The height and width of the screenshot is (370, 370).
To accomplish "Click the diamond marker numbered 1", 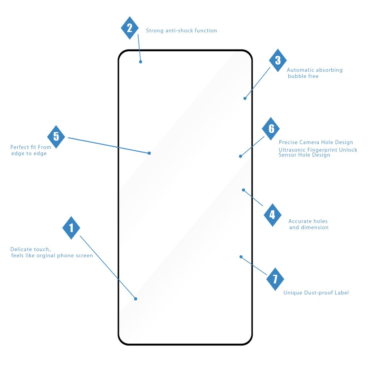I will [x=71, y=228].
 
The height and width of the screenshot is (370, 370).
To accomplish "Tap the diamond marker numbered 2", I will [x=130, y=28].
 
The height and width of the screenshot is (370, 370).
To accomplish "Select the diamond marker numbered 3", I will [x=278, y=60].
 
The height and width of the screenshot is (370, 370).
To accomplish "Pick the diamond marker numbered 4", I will [x=272, y=215].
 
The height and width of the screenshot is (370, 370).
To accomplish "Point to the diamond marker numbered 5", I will [x=56, y=137].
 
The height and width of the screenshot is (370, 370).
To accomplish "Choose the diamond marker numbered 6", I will [x=271, y=129].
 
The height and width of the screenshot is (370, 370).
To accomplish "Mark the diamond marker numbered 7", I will [x=275, y=279].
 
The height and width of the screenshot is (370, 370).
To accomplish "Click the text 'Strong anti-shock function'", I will [x=181, y=31].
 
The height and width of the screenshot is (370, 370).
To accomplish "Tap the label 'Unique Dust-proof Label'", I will [x=316, y=293].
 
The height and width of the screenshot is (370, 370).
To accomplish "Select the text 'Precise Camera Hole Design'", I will [x=316, y=142].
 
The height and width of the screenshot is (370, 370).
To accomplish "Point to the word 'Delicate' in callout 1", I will [x=21, y=249].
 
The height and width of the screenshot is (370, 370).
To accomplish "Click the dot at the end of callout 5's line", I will [x=149, y=153].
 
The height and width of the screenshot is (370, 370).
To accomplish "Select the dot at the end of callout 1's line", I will [x=135, y=299].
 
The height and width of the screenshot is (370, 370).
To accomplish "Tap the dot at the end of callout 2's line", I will [x=141, y=62].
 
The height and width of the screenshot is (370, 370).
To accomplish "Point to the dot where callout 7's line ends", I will [x=241, y=257].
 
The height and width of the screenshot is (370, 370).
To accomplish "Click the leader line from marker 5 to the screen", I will [x=108, y=145].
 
